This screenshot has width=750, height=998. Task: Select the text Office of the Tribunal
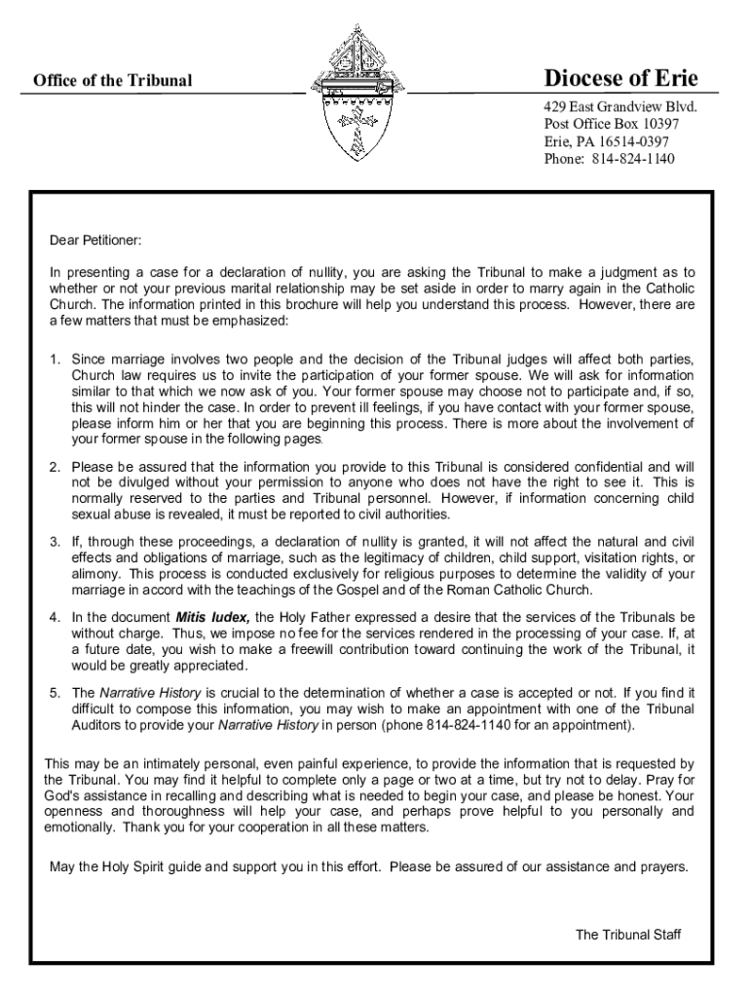[x=113, y=81]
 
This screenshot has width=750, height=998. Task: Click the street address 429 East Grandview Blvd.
[x=620, y=107]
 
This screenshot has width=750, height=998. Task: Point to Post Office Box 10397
[x=611, y=125]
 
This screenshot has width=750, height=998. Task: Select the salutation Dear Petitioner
[x=95, y=240]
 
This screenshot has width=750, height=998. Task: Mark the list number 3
[x=56, y=542]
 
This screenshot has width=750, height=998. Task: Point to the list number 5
[x=56, y=693]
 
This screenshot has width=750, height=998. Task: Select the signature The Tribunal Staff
[x=628, y=935]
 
